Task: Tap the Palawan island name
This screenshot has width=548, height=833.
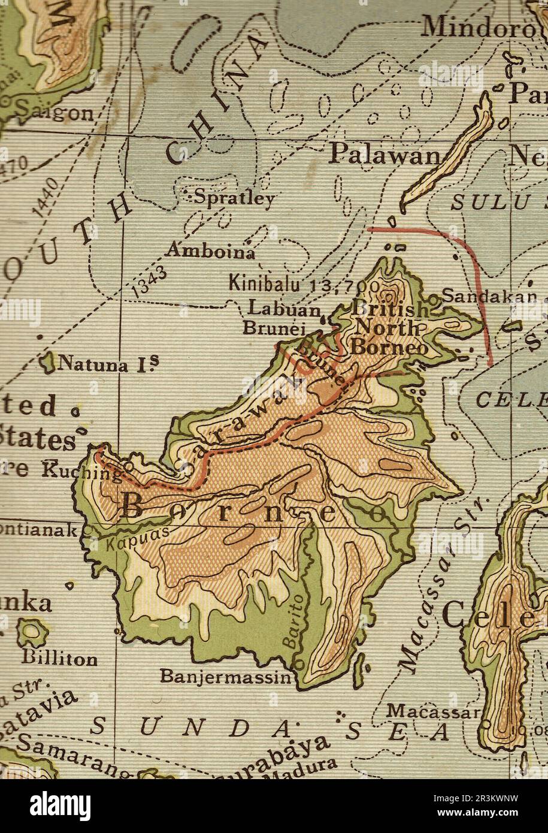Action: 384,155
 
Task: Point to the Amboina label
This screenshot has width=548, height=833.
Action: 210,251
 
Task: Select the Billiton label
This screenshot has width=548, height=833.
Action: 59,659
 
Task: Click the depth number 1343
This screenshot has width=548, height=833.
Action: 148,280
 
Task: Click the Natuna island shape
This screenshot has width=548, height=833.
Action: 44,362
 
